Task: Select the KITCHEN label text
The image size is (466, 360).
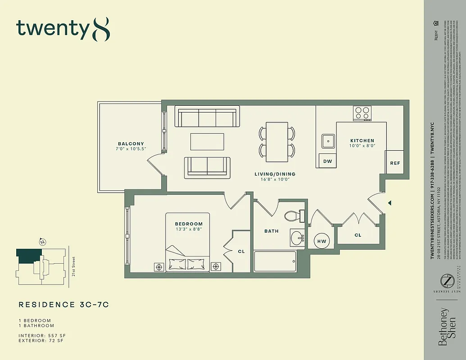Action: coord(362,141)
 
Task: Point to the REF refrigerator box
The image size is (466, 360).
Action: coord(395,163)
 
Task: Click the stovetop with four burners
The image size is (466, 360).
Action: coord(362,112)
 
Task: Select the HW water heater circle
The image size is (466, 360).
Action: coord(322,241)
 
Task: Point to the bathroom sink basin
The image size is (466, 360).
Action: coord(298,238)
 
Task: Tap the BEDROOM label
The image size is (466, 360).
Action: coord(189,224)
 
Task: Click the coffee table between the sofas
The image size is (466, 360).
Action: coord(207,141)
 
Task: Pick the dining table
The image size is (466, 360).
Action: coord(276,142)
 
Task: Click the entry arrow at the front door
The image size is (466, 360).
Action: coord(390,203)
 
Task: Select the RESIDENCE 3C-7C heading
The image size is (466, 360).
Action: coord(63,305)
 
